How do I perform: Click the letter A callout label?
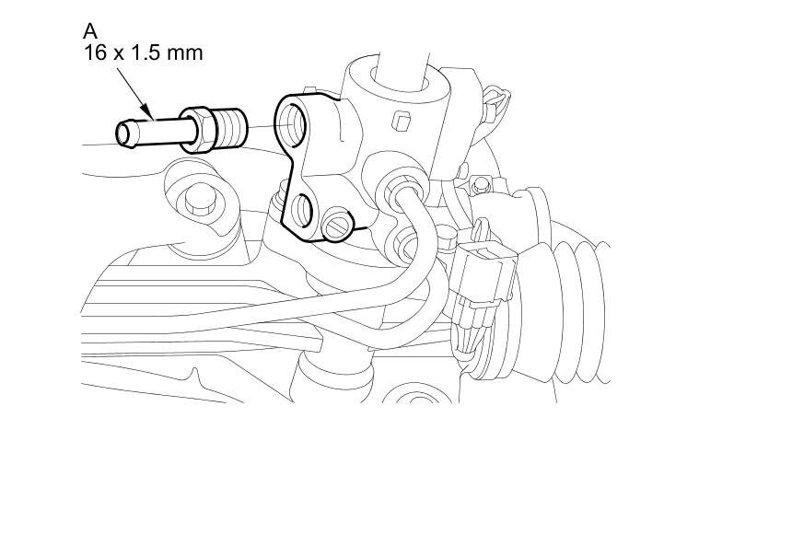point(90,31)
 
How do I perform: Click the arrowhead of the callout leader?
point(147,111)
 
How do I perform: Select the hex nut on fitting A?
point(198,130)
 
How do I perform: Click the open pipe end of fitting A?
point(123,133)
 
